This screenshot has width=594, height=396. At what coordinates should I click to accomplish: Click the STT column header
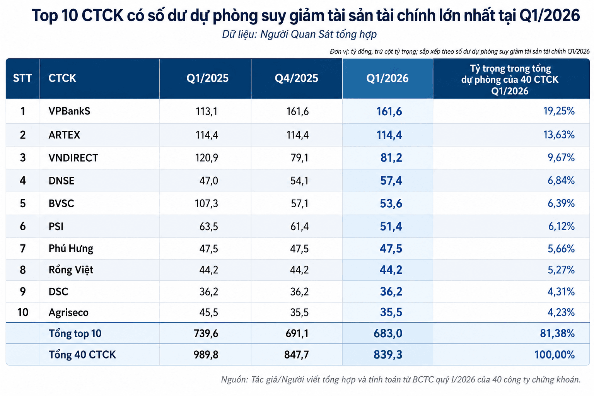coord(22,78)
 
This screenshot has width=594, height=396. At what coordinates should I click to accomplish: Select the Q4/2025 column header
coord(296,78)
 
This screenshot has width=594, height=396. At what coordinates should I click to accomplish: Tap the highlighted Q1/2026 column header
coord(387,78)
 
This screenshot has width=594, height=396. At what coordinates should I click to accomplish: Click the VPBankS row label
coord(69,111)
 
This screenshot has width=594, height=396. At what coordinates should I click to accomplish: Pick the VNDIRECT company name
coord(73,158)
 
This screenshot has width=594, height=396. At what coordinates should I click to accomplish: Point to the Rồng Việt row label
coord(71,270)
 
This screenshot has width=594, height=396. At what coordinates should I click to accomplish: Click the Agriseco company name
coord(68,312)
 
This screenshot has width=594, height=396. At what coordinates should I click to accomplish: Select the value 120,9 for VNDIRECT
coord(207,158)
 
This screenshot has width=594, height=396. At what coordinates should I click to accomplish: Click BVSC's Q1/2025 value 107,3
coord(206,203)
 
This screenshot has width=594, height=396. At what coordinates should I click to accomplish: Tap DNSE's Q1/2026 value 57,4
coord(391,181)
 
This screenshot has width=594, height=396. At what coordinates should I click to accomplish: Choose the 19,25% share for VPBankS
coord(559,111)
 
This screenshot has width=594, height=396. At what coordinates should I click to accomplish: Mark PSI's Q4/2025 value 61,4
coord(299,227)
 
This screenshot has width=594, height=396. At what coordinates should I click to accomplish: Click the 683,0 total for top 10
coord(388,333)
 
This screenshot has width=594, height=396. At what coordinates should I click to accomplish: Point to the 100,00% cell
coord(555,355)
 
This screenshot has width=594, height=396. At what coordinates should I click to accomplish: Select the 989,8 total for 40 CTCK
coord(206,355)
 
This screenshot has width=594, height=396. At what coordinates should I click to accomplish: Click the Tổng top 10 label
coord(75,333)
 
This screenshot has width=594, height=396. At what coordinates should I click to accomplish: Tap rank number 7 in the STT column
coord(23,249)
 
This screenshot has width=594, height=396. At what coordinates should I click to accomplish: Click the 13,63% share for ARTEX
coord(559,135)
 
